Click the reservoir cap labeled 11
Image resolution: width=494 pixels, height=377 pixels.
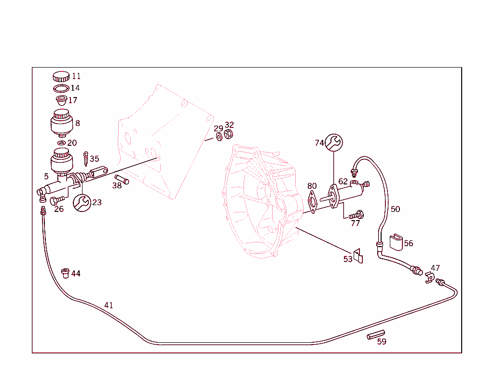(61, 76)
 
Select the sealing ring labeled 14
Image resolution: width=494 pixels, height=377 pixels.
(61, 88)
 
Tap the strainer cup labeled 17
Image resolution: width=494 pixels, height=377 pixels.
(61, 100)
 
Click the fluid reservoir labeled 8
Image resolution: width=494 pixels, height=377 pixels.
(62, 123)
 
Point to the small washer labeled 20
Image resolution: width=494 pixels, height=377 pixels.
(61, 143)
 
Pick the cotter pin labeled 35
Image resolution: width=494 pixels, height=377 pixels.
(85, 157)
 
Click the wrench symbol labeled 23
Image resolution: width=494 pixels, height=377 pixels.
(81, 203)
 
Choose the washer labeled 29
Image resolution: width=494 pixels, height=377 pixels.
(219, 137)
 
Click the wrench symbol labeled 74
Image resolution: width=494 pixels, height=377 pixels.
(334, 142)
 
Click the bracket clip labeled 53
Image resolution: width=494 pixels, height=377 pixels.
(358, 256)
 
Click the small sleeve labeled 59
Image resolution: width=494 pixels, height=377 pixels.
(375, 334)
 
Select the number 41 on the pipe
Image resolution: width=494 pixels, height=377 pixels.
(109, 305)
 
